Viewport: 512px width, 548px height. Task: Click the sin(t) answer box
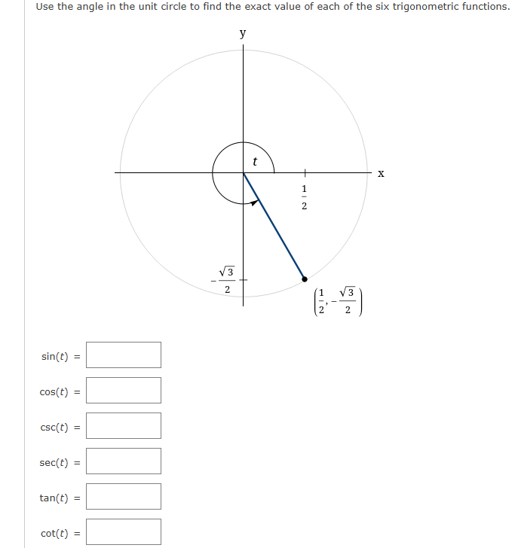point(124,355)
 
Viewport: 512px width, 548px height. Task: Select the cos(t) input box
point(124,391)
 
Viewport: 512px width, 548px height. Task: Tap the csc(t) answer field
point(124,426)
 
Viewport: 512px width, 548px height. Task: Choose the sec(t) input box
point(124,461)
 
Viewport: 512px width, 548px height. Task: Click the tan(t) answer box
point(124,497)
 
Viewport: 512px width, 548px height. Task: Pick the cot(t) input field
point(124,532)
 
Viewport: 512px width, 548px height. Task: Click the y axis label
point(242,34)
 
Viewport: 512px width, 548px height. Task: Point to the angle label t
point(255,160)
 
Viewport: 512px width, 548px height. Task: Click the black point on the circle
point(305,278)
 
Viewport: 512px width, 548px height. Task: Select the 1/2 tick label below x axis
point(305,196)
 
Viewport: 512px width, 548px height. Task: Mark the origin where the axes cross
point(243,173)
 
